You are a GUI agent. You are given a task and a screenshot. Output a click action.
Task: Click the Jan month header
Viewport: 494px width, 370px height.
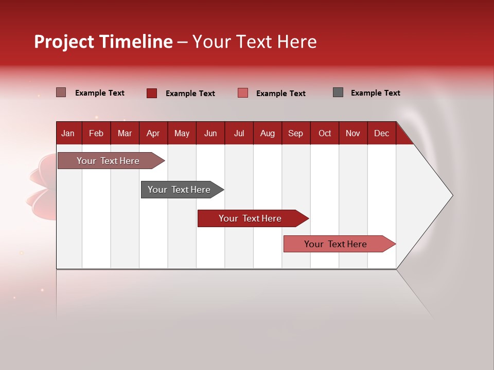pos(68,133)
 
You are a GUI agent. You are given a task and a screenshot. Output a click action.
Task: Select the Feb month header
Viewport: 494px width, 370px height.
pos(96,133)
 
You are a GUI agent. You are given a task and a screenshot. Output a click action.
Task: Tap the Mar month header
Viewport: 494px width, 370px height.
pos(125,133)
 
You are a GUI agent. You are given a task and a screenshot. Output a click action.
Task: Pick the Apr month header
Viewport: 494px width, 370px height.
pos(153,133)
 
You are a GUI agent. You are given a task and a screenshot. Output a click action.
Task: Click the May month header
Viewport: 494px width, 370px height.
pos(182,133)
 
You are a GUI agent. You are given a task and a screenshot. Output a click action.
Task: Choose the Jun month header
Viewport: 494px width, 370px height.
pos(210,133)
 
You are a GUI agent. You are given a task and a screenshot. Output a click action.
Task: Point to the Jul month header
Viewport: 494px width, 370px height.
pos(239,133)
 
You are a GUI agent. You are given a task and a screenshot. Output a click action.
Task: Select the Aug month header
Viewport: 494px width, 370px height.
pos(268,133)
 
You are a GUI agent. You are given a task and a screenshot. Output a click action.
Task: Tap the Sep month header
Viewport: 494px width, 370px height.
pos(296,133)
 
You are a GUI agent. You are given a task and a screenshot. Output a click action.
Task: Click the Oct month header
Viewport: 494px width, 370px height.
pos(325,133)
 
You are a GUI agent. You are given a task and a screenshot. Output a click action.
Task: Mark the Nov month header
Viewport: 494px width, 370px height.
pos(353,133)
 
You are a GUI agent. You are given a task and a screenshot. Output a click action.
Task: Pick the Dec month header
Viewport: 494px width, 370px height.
pos(382,133)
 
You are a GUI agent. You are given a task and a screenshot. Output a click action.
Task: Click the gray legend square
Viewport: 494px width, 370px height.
pos(338,92)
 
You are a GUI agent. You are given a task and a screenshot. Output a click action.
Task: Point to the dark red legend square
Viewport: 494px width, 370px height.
pos(152,93)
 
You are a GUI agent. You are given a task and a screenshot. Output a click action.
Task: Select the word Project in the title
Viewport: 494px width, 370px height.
pos(64,42)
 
